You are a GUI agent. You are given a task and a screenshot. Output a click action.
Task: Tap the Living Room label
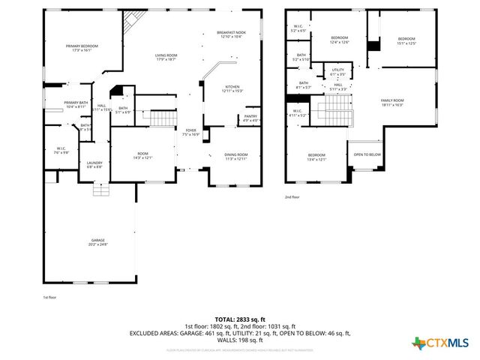(x=166, y=58)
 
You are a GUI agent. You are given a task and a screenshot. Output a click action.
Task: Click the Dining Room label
(x=236, y=156)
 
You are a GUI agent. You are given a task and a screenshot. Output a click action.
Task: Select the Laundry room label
(x=94, y=164)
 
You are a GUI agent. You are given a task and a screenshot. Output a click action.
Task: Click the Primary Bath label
(x=76, y=104)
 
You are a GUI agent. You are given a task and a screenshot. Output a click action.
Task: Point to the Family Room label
(x=391, y=102)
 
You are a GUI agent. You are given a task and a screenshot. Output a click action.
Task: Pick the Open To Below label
(x=367, y=154)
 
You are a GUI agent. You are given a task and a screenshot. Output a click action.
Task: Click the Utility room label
(x=337, y=72)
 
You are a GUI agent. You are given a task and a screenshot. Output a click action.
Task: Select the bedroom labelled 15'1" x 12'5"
(x=406, y=40)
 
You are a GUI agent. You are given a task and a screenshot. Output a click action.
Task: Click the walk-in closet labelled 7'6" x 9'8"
(x=61, y=151)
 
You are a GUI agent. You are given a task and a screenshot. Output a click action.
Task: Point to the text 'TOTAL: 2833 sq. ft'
(x=239, y=319)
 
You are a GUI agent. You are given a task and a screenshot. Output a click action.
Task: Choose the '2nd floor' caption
(x=291, y=196)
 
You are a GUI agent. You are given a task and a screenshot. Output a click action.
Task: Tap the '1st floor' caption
(x=49, y=297)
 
